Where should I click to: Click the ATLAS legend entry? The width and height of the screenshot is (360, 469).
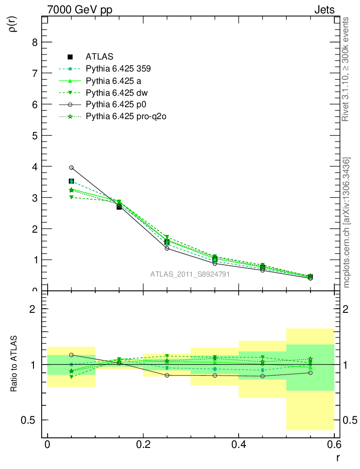99,57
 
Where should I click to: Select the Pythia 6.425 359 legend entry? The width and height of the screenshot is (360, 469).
118,69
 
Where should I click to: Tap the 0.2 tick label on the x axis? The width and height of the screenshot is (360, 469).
143,445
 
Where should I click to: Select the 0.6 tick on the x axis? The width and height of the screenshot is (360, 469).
334,445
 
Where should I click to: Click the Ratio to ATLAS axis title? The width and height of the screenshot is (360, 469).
14,365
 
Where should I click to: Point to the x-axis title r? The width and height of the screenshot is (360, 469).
338,457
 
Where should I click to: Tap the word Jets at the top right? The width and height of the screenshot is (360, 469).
324,10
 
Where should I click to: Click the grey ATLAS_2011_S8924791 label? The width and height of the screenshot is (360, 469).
190,274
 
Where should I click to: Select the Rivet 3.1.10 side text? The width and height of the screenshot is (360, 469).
346,69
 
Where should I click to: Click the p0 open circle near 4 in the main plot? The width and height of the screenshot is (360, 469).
71,168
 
